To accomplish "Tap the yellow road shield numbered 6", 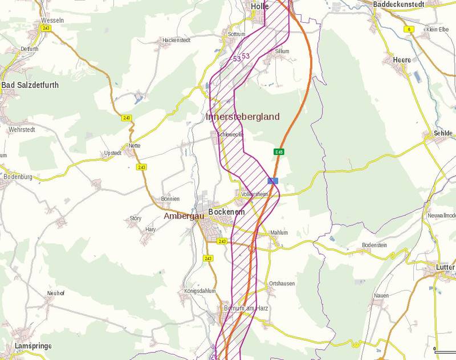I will coord(409,28).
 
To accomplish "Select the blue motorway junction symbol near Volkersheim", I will coord(274,181).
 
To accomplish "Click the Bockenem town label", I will coord(226,212).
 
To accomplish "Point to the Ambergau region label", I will coord(184,216).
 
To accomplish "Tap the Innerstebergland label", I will coord(242,117).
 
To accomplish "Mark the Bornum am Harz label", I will coord(246,308).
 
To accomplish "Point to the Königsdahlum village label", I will coord(200,291).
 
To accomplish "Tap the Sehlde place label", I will coord(442,133).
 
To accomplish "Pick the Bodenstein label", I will coord(374,245).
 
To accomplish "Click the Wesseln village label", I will coord(52,20).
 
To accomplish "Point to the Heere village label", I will coord(402,60).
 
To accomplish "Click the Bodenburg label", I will coord(18,177).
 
